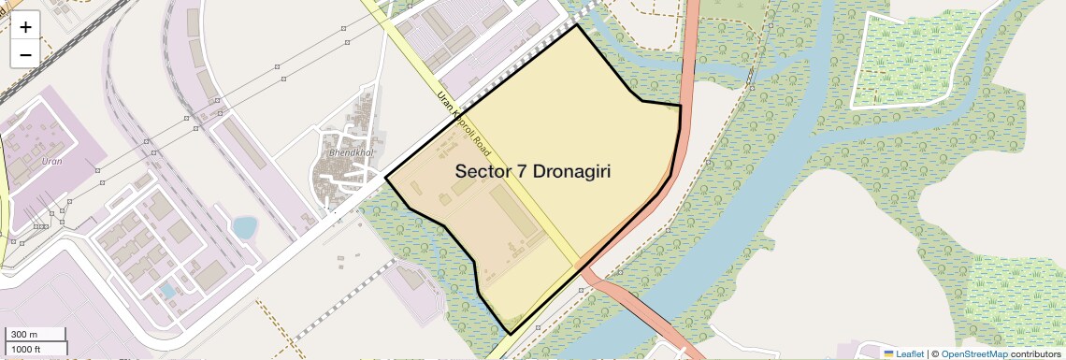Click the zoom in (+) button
click(x=25, y=27)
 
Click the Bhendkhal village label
click(x=351, y=151)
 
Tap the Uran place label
click(x=52, y=162)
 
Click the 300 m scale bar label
click(x=25, y=335)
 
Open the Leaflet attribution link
click(x=910, y=353)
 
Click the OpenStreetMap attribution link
click(x=973, y=353)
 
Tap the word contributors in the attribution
click(x=1035, y=353)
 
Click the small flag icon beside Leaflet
click(x=888, y=353)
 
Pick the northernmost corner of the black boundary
click(x=576, y=24)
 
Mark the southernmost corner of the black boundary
click(x=510, y=334)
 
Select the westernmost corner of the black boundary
click(x=386, y=177)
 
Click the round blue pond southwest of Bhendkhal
click(x=244, y=227)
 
